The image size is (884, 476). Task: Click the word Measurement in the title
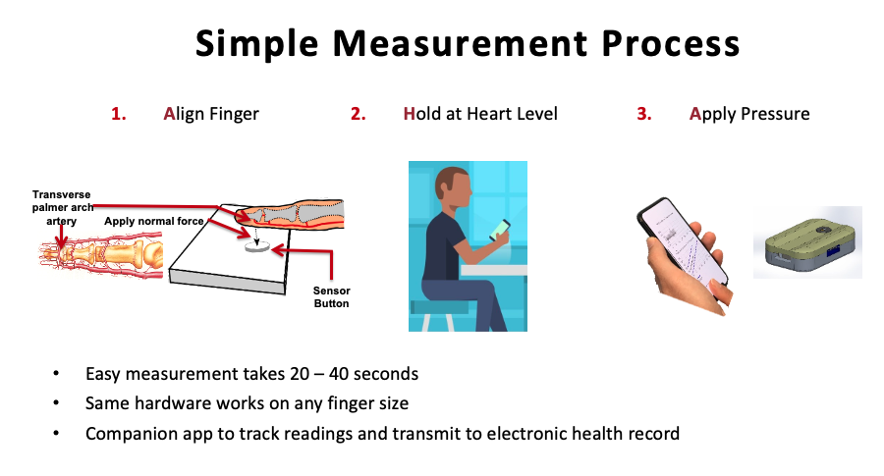point(460,43)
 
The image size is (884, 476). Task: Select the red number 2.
point(358,114)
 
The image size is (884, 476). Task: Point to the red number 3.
point(644,114)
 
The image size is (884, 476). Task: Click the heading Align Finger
point(211,115)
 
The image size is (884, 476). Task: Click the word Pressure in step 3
point(775,114)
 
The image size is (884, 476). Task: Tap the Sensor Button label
point(332,296)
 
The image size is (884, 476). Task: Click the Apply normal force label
point(154,222)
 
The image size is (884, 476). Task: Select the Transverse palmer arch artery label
point(62,208)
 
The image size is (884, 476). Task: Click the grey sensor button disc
point(257,246)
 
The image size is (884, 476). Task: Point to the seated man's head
point(452,187)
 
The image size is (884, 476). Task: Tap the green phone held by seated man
point(500,230)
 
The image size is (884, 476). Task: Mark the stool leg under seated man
point(425,322)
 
